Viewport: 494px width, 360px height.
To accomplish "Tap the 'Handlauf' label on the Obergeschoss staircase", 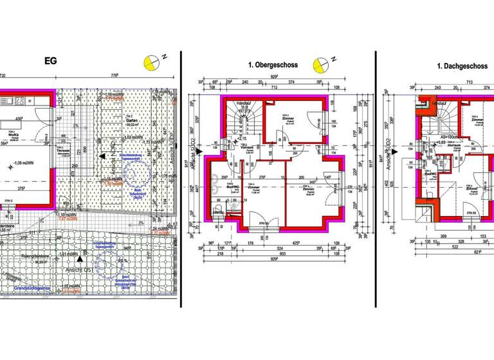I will pos(244,103).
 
